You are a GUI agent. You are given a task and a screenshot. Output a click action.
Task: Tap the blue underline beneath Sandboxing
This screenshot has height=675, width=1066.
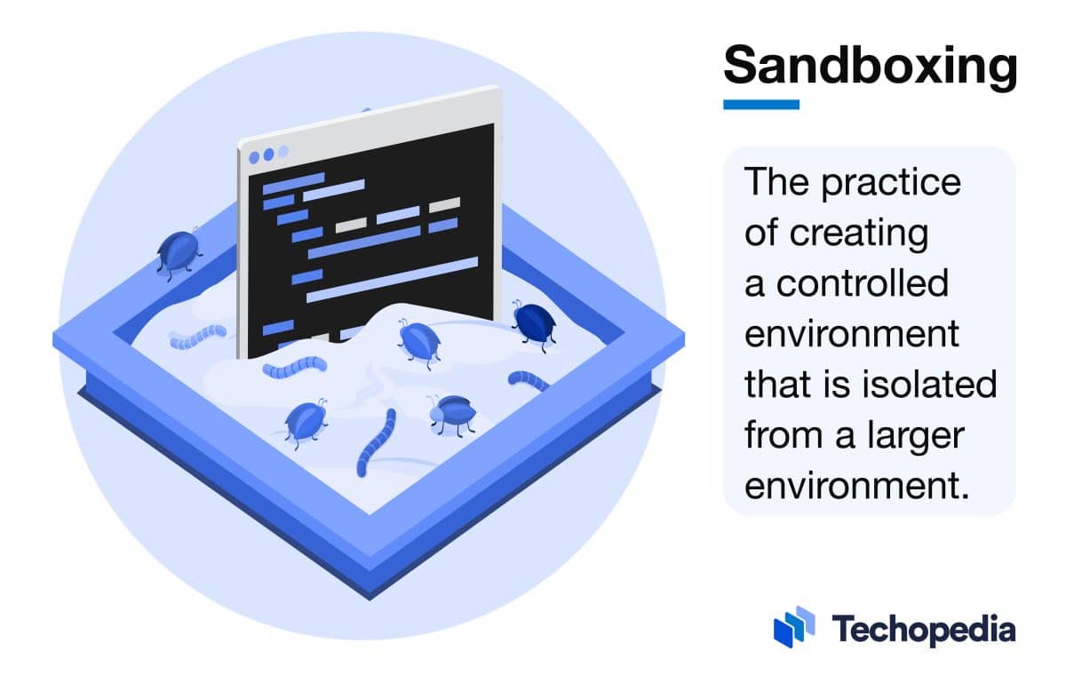(761, 104)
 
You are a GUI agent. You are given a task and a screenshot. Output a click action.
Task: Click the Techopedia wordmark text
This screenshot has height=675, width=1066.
(923, 630)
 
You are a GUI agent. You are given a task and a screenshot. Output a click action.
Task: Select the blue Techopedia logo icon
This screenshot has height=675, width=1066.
(793, 627)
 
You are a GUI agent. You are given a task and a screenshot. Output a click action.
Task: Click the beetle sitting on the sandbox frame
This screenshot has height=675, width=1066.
(178, 253)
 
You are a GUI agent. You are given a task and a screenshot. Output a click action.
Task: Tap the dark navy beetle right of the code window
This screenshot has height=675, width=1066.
(533, 322)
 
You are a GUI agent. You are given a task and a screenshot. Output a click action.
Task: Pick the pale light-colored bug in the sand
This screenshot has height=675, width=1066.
(451, 413)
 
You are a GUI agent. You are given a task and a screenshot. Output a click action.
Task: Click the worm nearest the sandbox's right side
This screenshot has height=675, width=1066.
(529, 381)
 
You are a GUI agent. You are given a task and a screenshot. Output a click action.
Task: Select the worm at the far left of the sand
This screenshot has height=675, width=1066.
(197, 336)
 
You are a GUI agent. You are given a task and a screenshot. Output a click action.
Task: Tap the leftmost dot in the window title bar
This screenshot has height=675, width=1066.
(255, 156)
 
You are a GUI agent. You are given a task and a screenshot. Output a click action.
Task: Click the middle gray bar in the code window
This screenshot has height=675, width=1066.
(397, 215)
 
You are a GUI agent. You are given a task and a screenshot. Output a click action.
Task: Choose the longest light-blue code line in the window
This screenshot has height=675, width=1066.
(392, 274)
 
